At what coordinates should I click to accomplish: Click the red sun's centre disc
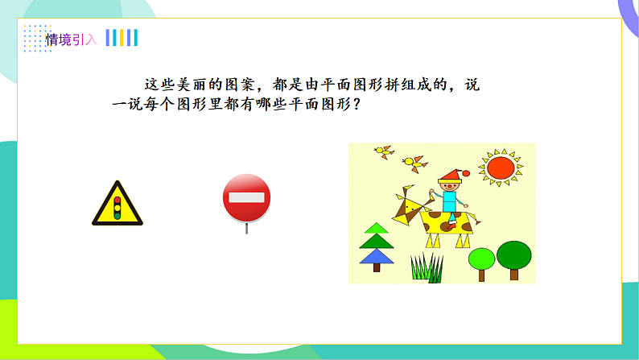[499, 168]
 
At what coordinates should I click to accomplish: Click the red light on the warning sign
[117, 199]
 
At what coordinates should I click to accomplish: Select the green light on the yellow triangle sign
[117, 213]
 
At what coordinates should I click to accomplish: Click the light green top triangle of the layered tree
[375, 230]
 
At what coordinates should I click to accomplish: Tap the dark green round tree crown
[513, 255]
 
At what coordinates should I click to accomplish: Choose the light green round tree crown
[481, 259]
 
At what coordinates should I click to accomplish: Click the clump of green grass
[427, 267]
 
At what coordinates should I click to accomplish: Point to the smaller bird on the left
[384, 150]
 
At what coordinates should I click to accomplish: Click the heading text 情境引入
[71, 39]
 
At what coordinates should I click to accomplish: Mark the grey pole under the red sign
[246, 227]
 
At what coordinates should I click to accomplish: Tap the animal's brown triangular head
[408, 208]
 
